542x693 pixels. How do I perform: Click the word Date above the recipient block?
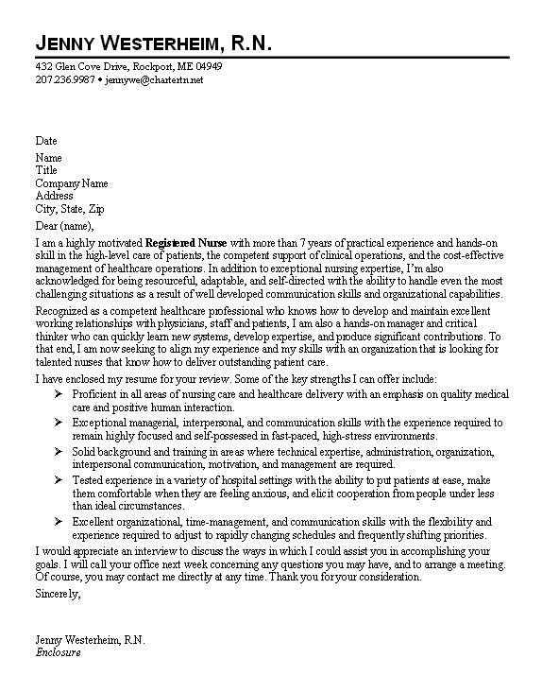(46, 141)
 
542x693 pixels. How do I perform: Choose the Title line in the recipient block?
(46, 170)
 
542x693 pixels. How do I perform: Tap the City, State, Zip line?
(69, 210)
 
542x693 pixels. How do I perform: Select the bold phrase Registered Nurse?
(188, 242)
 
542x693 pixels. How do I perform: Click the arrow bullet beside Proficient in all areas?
(59, 392)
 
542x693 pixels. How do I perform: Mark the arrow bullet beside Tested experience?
(59, 480)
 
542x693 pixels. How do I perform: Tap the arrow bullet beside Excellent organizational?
(59, 521)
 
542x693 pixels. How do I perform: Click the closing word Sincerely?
(58, 595)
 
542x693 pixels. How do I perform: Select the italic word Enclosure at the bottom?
(59, 652)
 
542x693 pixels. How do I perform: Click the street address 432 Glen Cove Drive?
(84, 68)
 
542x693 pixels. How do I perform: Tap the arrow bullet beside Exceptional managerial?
(59, 423)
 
